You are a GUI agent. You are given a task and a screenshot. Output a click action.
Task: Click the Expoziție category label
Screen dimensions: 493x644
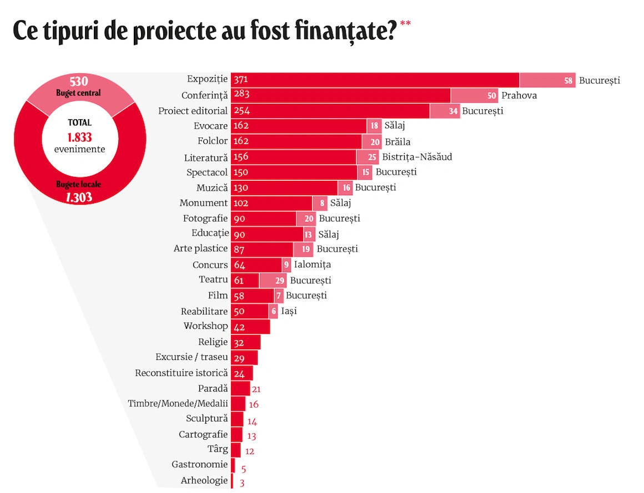click(x=207, y=80)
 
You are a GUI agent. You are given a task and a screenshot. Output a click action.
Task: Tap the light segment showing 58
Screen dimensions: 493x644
click(x=568, y=80)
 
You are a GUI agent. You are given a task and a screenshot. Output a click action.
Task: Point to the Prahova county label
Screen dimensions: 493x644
click(x=519, y=95)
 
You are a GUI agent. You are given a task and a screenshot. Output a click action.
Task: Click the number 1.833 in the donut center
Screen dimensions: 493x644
click(x=79, y=137)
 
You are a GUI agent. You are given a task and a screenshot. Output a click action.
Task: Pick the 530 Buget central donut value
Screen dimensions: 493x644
click(x=79, y=81)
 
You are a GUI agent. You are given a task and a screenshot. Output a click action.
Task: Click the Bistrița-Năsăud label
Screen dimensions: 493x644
click(x=417, y=157)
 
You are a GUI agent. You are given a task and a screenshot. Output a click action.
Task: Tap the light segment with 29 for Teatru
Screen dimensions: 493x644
click(x=280, y=281)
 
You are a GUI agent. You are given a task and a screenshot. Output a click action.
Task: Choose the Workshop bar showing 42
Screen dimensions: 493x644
click(x=250, y=327)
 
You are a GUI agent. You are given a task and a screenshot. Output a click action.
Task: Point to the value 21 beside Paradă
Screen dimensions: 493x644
click(x=256, y=389)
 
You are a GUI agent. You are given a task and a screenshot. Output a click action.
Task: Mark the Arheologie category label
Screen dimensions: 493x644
click(x=204, y=480)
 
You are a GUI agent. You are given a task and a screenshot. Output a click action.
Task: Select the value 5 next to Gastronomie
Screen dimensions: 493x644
click(x=244, y=469)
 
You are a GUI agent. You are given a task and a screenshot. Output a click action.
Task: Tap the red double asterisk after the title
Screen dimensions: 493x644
click(x=405, y=24)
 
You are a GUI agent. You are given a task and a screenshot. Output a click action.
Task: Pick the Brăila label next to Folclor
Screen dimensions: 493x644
click(x=398, y=141)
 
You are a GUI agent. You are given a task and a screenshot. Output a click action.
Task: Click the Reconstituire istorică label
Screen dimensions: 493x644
click(x=181, y=373)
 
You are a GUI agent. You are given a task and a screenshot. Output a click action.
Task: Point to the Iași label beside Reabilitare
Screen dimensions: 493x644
click(x=289, y=311)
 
